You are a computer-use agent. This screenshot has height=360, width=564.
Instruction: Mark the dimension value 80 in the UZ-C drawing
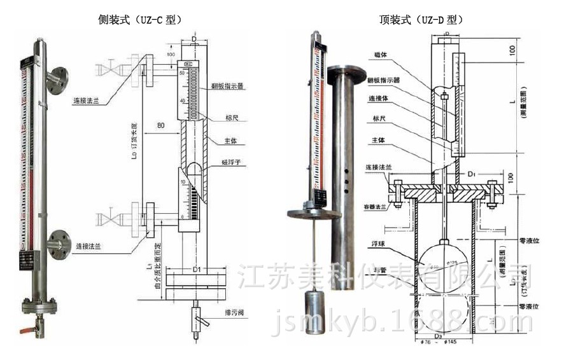[x=161, y=125]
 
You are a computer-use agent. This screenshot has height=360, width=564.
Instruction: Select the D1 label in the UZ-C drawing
[x=197, y=270]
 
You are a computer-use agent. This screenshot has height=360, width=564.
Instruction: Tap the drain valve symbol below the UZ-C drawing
[x=197, y=318]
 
